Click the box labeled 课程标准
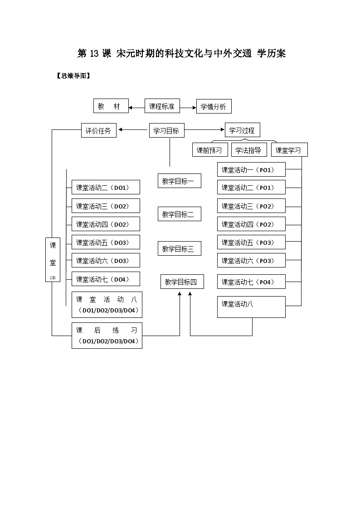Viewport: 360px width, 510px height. click(x=162, y=106)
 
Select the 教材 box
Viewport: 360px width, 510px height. click(x=111, y=106)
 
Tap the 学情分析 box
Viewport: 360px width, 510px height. click(x=214, y=107)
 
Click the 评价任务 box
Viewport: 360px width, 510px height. click(x=98, y=131)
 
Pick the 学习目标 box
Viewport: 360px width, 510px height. click(x=166, y=131)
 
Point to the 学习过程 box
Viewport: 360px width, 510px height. click(x=242, y=130)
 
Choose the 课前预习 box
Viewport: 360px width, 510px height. click(x=209, y=150)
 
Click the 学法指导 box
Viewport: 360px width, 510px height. click(x=248, y=150)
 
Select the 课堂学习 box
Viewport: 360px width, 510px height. click(x=289, y=150)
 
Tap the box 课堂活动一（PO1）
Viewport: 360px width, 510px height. click(x=251, y=169)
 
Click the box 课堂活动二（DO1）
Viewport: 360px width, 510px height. click(x=106, y=187)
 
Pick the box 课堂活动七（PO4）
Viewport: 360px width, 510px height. click(x=251, y=282)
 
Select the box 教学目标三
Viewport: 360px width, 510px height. click(x=179, y=248)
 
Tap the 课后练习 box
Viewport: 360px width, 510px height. click(x=107, y=336)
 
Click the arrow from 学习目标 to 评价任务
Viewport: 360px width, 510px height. click(x=133, y=130)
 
